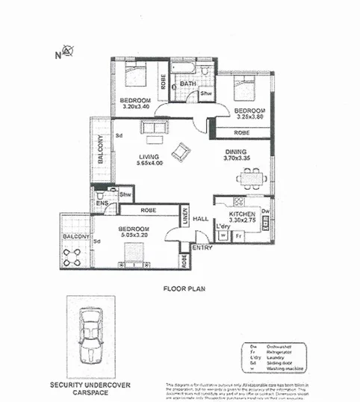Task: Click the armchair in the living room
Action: tap(181, 153)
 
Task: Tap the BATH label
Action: tap(187, 84)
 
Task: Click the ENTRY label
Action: tap(202, 247)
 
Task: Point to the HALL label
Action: tap(200, 219)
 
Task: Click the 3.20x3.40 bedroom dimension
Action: tap(137, 107)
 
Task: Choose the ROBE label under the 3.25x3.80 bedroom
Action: tap(241, 132)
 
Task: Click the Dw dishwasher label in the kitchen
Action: tap(265, 211)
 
